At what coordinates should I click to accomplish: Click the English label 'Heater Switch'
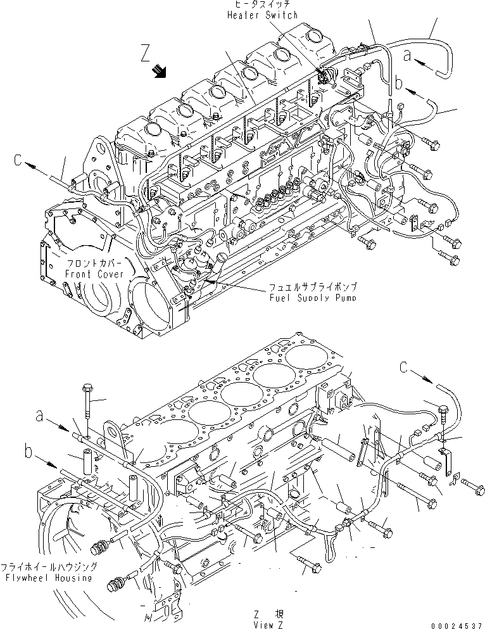click(261, 15)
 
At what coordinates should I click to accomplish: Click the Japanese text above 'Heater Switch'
click(261, 5)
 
